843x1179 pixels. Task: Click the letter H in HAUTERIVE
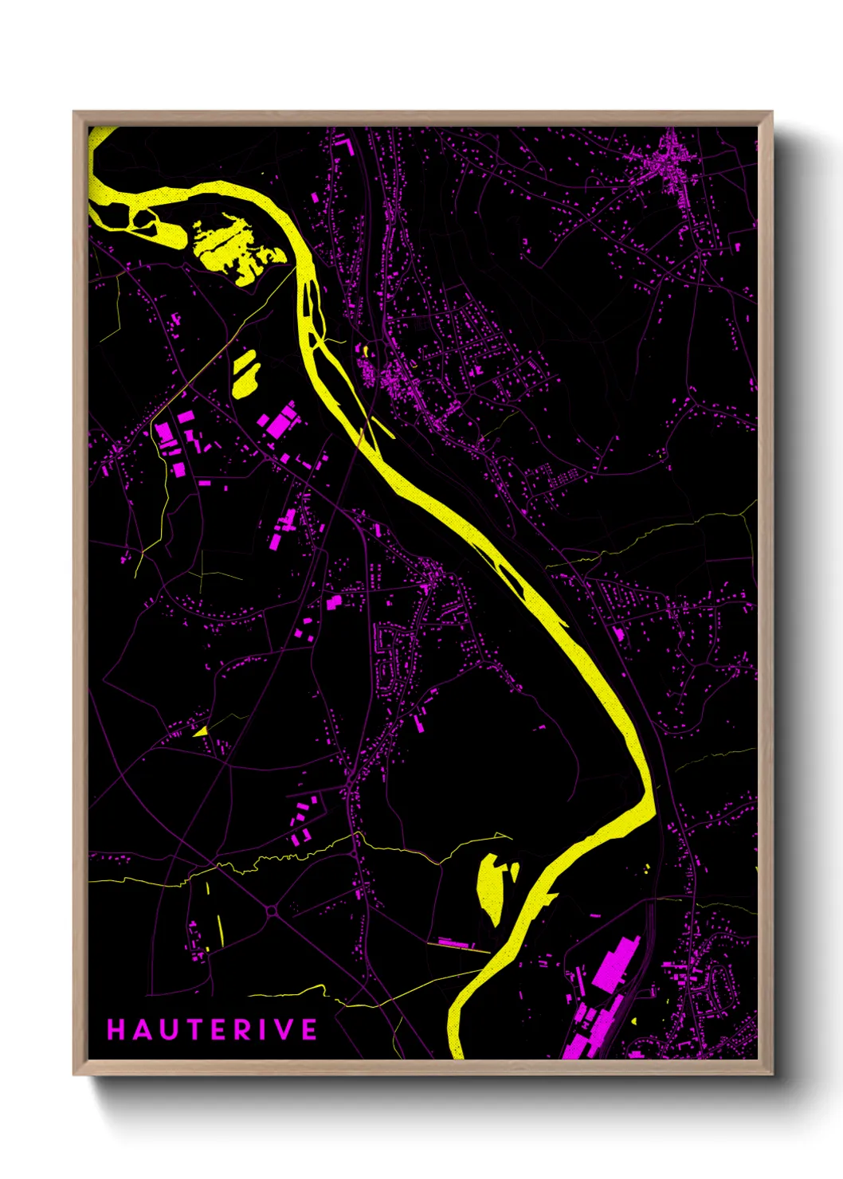click(116, 1030)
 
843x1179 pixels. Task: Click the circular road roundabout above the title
click(271, 910)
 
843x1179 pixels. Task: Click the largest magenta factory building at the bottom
click(615, 965)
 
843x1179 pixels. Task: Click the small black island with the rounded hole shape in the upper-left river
click(146, 220)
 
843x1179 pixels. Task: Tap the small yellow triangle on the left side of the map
click(201, 731)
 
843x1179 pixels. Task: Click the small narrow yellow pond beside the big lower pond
click(515, 872)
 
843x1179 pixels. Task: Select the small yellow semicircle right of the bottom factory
click(634, 1020)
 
